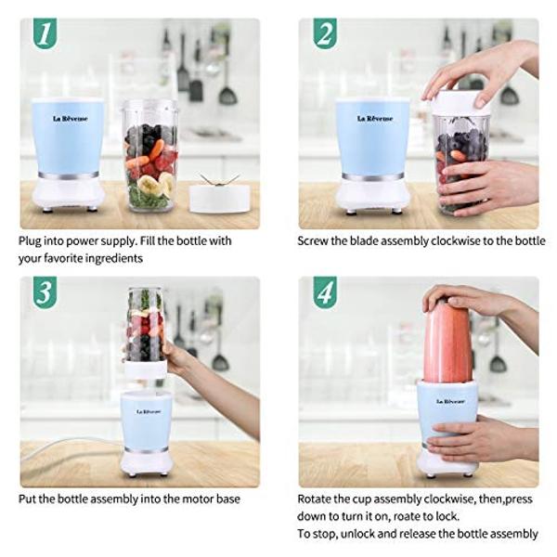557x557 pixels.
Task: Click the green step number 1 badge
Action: tap(45, 33)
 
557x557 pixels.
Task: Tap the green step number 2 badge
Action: tap(325, 33)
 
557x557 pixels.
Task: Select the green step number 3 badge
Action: tap(45, 292)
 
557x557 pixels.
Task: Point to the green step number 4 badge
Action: tap(325, 292)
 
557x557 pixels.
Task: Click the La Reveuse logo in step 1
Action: tap(71, 119)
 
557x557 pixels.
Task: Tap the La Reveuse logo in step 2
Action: tap(375, 119)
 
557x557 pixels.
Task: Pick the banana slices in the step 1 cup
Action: tap(156, 185)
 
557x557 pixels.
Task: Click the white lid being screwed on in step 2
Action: tap(460, 103)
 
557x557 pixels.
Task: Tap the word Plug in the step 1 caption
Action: tap(30, 241)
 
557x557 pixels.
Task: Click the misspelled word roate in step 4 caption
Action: tap(402, 516)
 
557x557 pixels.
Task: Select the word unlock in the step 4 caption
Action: tap(361, 534)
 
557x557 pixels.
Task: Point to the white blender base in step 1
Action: tap(68, 193)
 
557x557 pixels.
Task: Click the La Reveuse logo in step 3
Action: tap(149, 411)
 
